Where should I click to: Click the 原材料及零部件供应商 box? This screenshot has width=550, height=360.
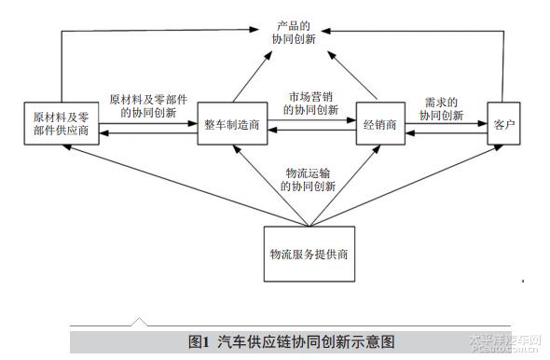click(62, 124)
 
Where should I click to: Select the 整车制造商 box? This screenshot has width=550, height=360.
click(230, 127)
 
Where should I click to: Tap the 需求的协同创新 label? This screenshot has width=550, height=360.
click(441, 109)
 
